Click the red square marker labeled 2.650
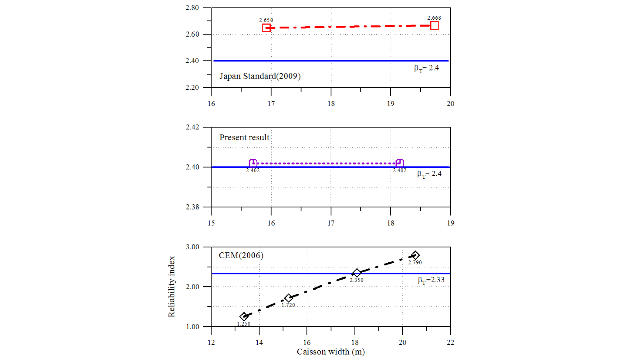(x=266, y=28)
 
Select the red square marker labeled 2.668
(x=434, y=25)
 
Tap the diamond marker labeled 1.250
(x=244, y=316)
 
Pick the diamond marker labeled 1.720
(x=288, y=298)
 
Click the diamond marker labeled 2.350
(x=357, y=273)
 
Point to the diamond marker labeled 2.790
(x=415, y=255)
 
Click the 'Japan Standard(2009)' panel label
(x=260, y=76)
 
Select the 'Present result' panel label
(x=244, y=138)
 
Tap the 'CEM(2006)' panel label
(x=241, y=256)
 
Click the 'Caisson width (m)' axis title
(x=330, y=352)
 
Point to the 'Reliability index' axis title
(x=171, y=287)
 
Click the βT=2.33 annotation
(x=431, y=280)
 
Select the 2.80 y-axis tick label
(x=192, y=8)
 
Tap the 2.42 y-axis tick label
(x=192, y=127)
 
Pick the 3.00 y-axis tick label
(x=192, y=247)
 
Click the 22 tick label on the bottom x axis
(x=450, y=342)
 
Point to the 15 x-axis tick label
(x=211, y=223)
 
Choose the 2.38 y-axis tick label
(x=192, y=207)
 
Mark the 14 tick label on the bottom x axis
(x=259, y=342)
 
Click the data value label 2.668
(x=434, y=18)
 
